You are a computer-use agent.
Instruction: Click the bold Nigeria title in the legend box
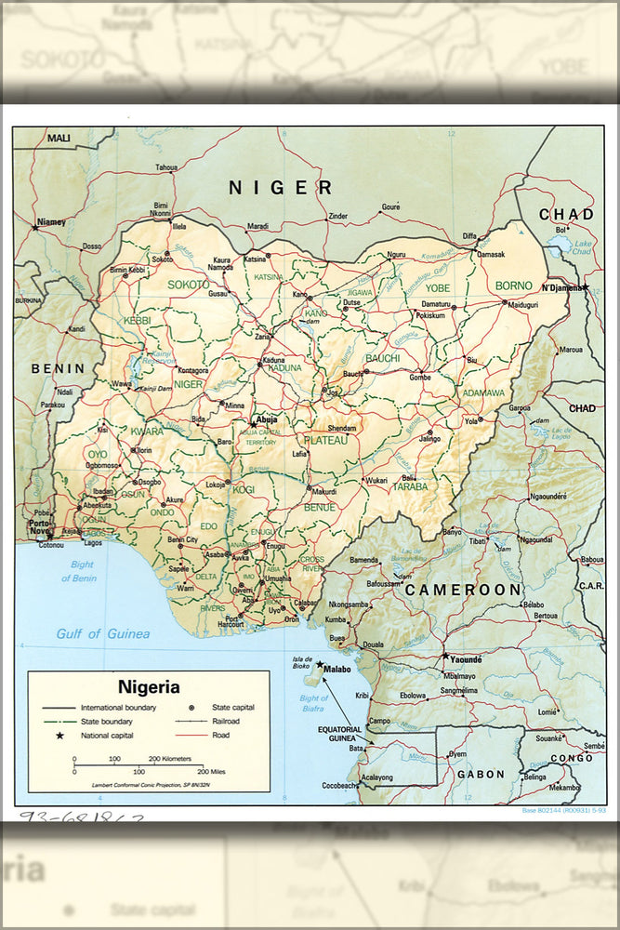tap(149, 687)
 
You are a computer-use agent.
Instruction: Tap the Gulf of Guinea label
tap(102, 634)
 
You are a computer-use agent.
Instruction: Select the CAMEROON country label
tap(463, 590)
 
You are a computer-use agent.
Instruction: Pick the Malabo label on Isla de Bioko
tap(337, 668)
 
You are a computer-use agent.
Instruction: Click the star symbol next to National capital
tap(60, 736)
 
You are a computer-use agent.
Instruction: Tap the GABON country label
tap(481, 774)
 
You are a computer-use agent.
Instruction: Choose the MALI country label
tap(59, 139)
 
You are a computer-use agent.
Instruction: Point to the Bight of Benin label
tap(79, 572)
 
